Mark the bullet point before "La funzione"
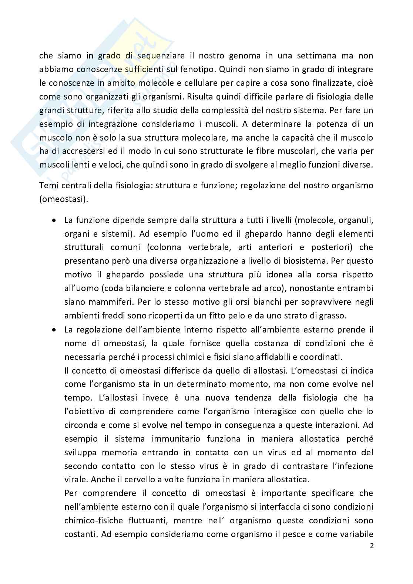coord(54,220)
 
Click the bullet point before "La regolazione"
coord(54,329)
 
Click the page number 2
coord(372,546)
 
